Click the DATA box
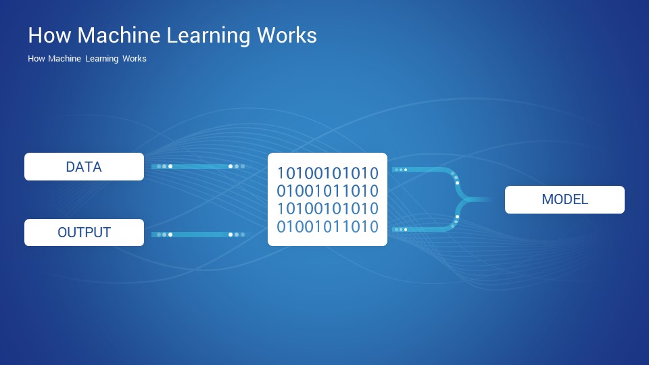[x=84, y=166]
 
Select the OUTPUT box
[x=84, y=232]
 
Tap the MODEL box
[x=564, y=199]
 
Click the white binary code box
[x=327, y=199]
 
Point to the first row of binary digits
[x=327, y=174]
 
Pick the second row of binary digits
[x=327, y=191]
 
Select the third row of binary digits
[x=327, y=209]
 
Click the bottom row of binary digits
[x=327, y=227]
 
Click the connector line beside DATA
[x=198, y=166]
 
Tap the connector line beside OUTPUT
[x=198, y=235]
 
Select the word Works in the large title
[x=287, y=34]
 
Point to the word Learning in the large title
[x=209, y=36]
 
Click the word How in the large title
[x=49, y=34]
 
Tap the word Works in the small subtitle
[x=134, y=58]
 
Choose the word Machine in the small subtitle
[x=65, y=58]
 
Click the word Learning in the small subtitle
[x=102, y=59]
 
